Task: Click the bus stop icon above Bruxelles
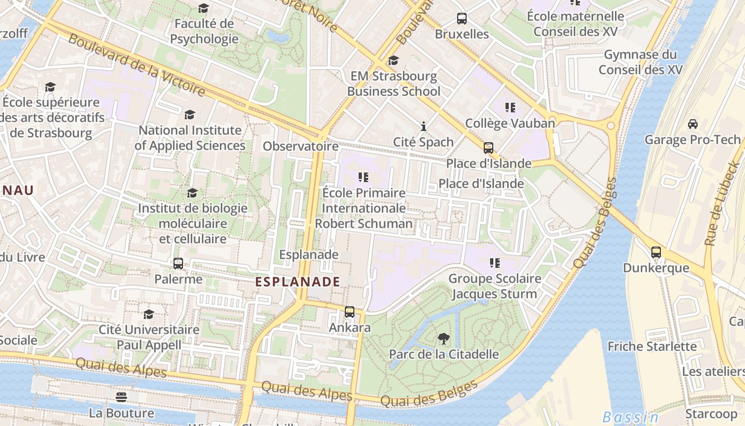tap(462, 19)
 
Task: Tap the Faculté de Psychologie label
tap(204, 31)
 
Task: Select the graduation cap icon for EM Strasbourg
tap(393, 61)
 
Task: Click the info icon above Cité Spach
tap(424, 126)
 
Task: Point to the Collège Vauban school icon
tap(510, 108)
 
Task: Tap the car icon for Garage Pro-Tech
tap(692, 124)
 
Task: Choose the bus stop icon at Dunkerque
tap(656, 252)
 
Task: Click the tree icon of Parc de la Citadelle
tap(443, 338)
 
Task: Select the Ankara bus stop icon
tap(350, 312)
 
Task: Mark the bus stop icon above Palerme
tap(178, 264)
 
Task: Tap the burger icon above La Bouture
tap(121, 397)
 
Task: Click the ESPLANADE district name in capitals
tap(297, 282)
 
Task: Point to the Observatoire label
tap(301, 146)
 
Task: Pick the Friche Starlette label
tap(652, 347)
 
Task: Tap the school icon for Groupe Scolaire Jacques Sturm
tap(495, 263)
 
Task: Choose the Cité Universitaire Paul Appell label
tap(149, 337)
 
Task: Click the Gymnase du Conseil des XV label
tap(640, 62)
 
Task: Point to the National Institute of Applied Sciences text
tap(190, 138)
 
